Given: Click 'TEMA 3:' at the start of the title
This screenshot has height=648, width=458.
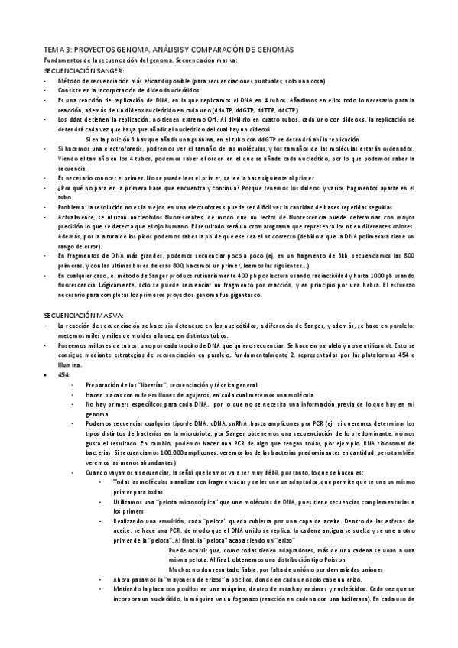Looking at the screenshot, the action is pos(57,49).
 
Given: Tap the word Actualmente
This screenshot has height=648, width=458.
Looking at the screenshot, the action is pos(76,218).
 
